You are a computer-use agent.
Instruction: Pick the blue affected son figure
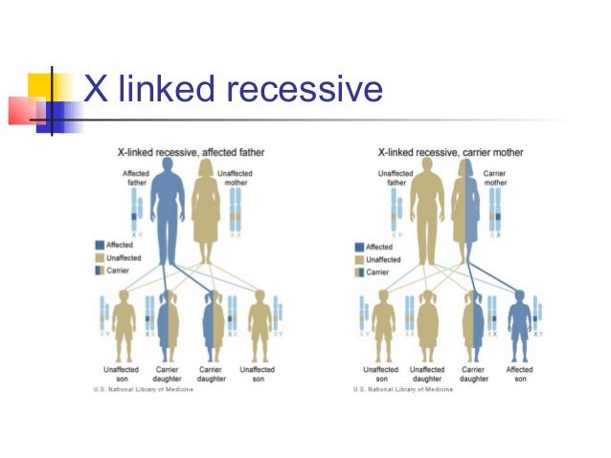pyautogui.click(x=519, y=319)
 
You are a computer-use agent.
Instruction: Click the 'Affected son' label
pyautogui.click(x=519, y=374)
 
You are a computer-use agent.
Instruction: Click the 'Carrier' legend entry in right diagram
pyautogui.click(x=374, y=272)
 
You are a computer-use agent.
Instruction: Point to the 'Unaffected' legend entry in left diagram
pyautogui.click(x=122, y=258)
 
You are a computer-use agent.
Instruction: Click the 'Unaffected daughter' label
pyautogui.click(x=427, y=374)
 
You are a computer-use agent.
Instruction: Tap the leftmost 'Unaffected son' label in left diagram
pyautogui.click(x=122, y=374)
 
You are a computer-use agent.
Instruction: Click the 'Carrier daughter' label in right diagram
pyautogui.click(x=473, y=374)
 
